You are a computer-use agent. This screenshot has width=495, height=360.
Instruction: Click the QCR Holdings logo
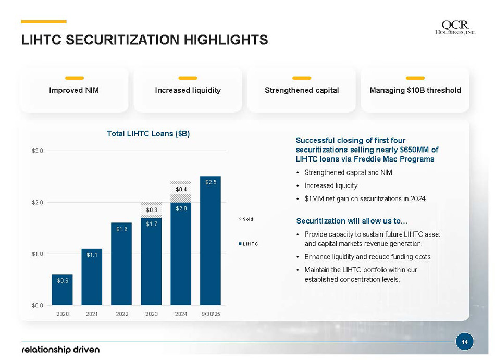(455, 28)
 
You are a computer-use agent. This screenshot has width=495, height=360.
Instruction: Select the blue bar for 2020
(62, 289)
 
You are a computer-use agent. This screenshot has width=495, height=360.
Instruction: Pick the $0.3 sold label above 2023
(152, 209)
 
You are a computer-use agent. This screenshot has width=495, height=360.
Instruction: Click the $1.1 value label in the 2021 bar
(92, 255)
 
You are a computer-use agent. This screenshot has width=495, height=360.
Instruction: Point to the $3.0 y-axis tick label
(38, 151)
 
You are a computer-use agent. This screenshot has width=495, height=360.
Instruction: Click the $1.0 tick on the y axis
(38, 254)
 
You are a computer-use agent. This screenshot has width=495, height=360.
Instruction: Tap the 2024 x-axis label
(181, 314)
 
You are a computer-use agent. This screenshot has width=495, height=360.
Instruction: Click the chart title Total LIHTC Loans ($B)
(148, 134)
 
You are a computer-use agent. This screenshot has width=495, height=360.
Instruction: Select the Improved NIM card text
(74, 90)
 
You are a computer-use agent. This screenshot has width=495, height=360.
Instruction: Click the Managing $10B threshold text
(415, 90)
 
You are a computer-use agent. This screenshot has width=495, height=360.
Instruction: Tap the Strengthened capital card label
(302, 90)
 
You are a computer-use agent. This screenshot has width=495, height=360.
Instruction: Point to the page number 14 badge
(464, 342)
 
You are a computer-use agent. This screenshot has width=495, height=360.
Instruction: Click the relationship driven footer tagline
(60, 349)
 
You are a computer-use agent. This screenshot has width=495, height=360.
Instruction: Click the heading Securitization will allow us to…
(352, 221)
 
